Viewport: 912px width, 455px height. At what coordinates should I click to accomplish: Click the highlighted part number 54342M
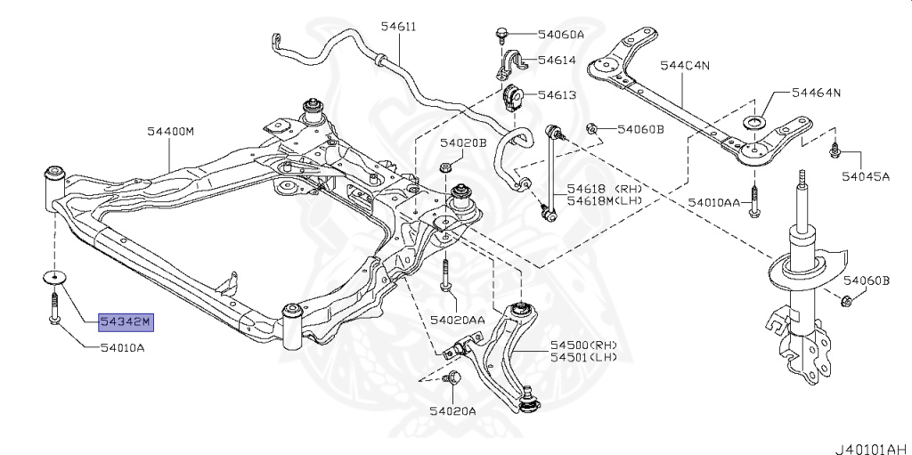coord(126,321)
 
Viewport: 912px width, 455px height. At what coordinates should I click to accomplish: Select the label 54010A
coord(123,348)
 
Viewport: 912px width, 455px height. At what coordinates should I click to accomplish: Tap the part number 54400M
coord(170,132)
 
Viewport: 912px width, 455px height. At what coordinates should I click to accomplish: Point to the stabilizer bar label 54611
coord(398,26)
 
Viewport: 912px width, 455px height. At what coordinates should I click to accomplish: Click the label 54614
coord(557,60)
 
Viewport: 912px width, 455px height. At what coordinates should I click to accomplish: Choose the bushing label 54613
coord(557,94)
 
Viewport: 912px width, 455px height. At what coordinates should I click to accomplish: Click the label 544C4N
coord(685,65)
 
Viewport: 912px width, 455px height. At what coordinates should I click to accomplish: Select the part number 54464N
coord(816,93)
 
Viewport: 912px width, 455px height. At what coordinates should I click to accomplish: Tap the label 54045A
coord(866,175)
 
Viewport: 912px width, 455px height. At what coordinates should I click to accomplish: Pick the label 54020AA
coord(457,319)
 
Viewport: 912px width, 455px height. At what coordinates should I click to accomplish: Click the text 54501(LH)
coord(583,357)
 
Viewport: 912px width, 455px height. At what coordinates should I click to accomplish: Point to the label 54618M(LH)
coord(606,200)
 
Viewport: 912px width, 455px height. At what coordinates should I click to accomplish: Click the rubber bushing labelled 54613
coord(512,97)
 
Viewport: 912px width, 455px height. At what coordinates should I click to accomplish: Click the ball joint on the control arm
coord(528,400)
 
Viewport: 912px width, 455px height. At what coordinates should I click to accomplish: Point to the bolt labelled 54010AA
coord(753,201)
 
